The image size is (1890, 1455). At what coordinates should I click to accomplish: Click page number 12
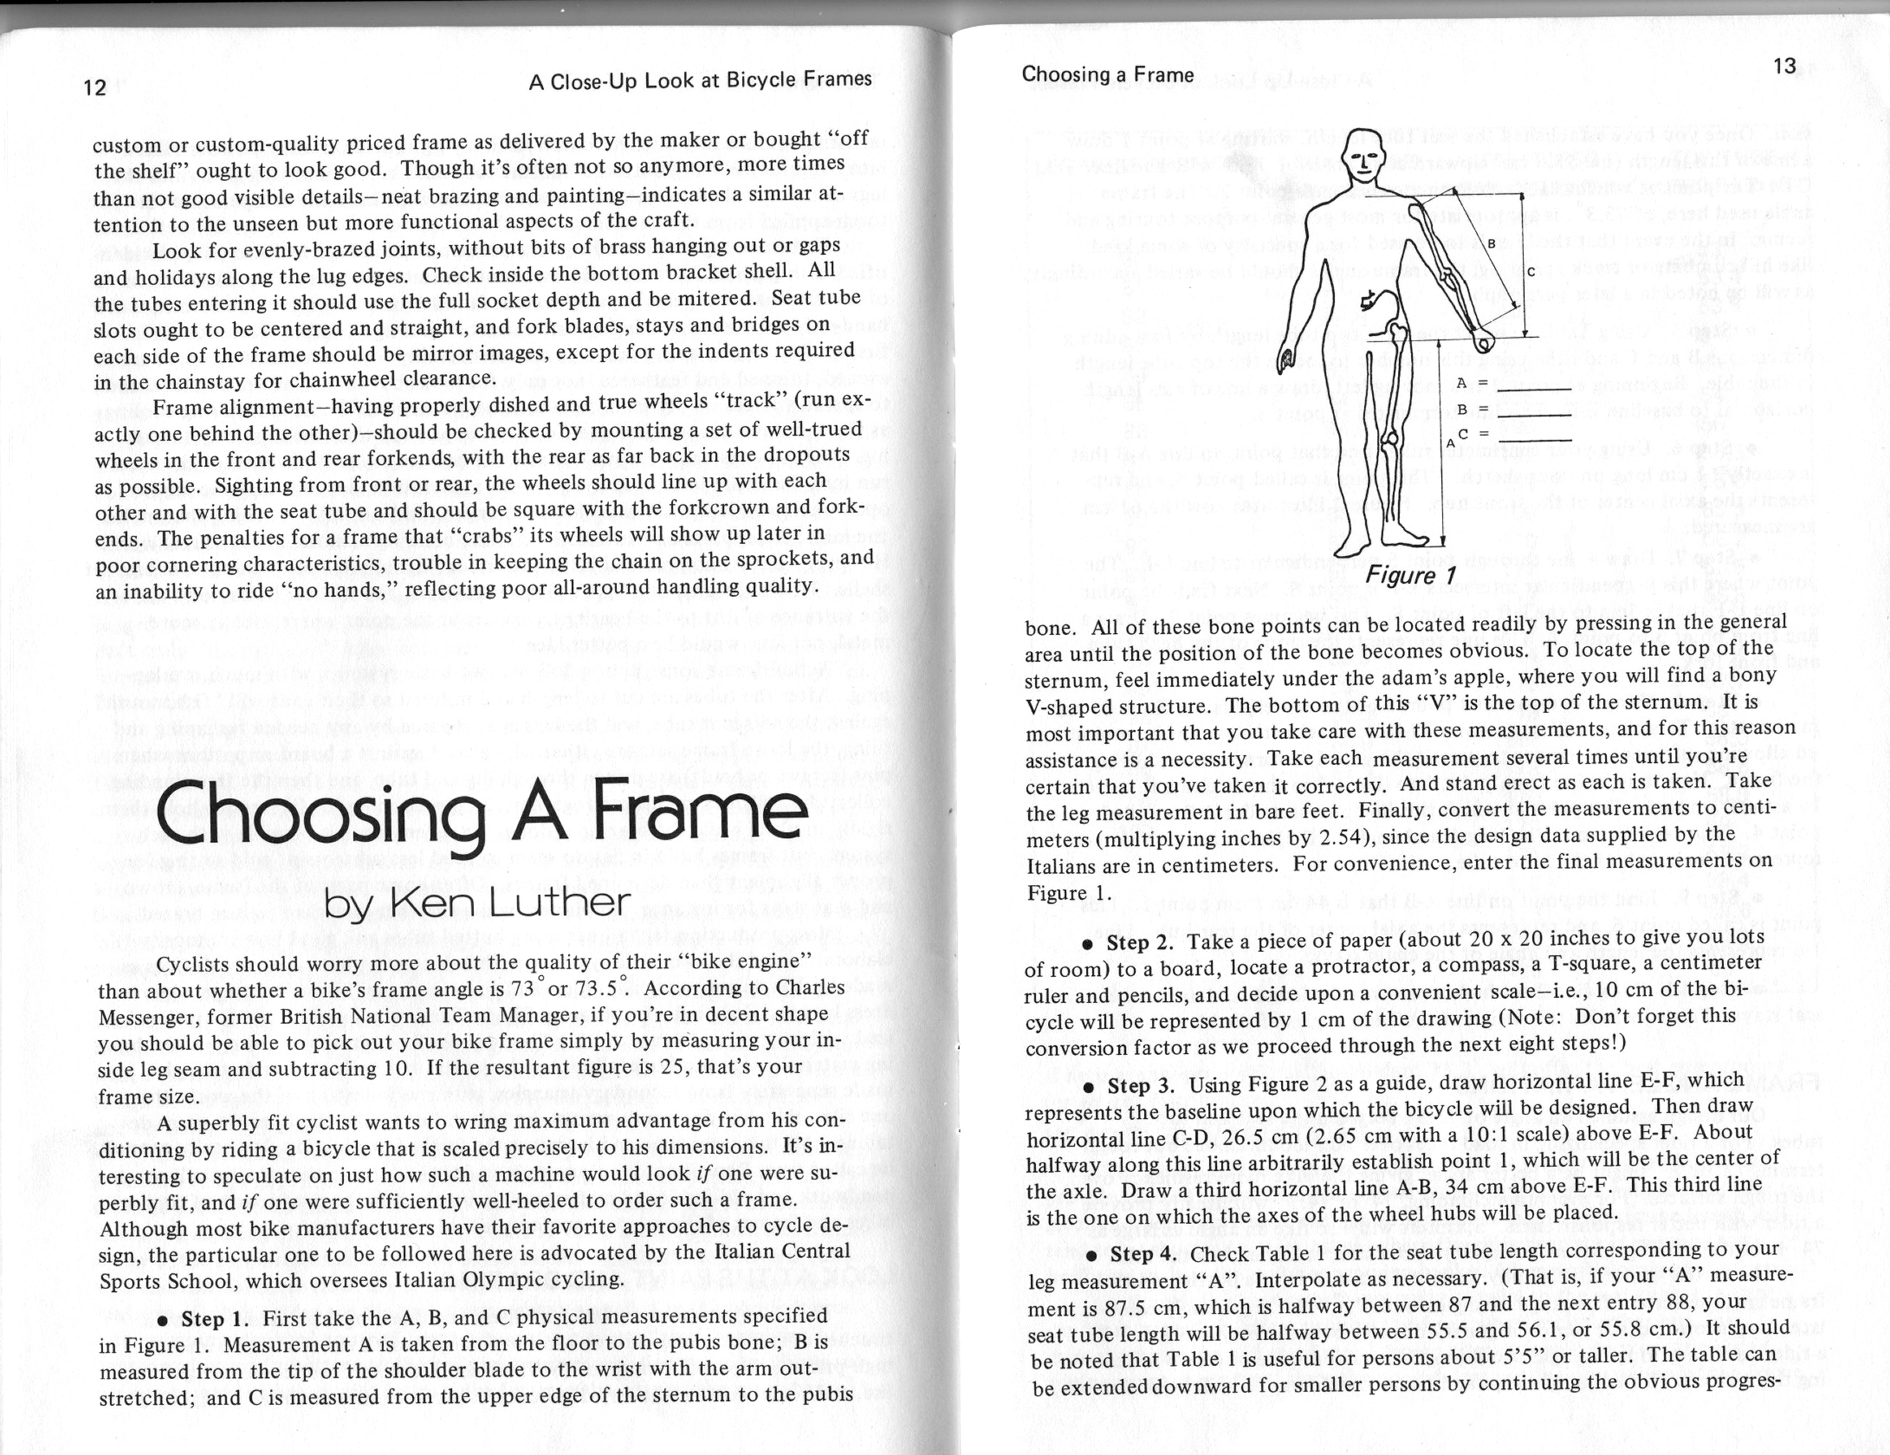[95, 87]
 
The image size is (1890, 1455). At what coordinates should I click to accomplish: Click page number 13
[1785, 66]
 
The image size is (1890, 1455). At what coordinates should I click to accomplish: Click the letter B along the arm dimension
[1491, 243]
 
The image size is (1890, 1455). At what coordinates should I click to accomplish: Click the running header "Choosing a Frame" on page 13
[1108, 74]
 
